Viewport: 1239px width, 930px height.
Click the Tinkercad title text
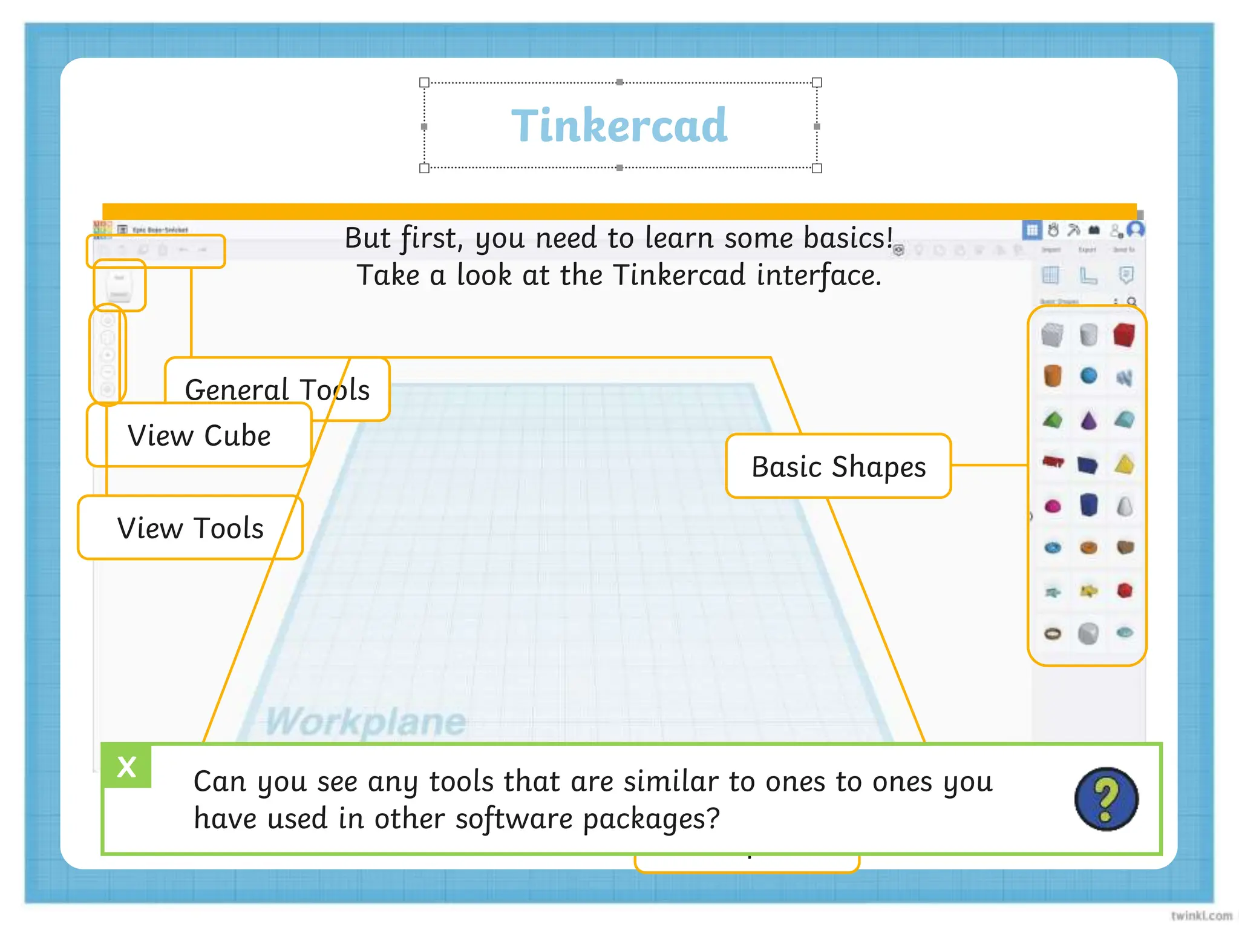(619, 125)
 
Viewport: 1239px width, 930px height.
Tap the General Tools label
(277, 389)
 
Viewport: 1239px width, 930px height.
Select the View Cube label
(199, 435)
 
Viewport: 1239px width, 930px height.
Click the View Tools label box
(190, 527)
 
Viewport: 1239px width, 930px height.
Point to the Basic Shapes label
(839, 466)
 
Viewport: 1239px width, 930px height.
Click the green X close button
(127, 767)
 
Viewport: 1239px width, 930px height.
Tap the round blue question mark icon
(1106, 799)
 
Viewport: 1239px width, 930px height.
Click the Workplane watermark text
(365, 721)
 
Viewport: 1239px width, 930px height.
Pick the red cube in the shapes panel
(1124, 335)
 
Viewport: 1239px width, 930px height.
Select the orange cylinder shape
(1053, 376)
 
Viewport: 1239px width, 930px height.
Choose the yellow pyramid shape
(1125, 464)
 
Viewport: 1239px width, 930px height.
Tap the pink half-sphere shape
(1053, 506)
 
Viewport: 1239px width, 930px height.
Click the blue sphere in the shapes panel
(1088, 376)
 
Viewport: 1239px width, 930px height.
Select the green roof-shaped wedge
(1053, 420)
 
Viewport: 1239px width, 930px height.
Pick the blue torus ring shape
(1053, 548)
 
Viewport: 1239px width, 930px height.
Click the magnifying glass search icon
(1131, 302)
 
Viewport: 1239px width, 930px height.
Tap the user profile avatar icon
(1136, 229)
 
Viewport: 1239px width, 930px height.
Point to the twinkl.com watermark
(1201, 915)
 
